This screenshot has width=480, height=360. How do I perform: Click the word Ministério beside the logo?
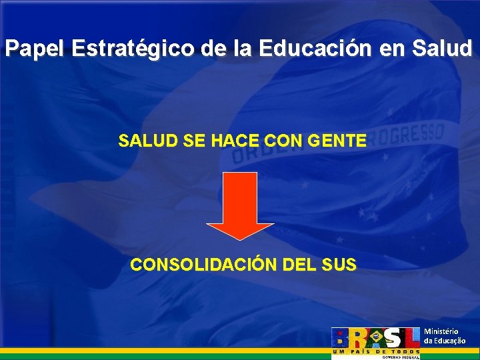pyautogui.click(x=441, y=331)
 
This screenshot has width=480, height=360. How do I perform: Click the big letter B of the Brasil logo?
pyautogui.click(x=340, y=337)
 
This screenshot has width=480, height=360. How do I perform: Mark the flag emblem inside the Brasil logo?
pyautogui.click(x=376, y=337)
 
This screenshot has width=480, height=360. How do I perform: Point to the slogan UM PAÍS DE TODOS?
pyautogui.click(x=376, y=351)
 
